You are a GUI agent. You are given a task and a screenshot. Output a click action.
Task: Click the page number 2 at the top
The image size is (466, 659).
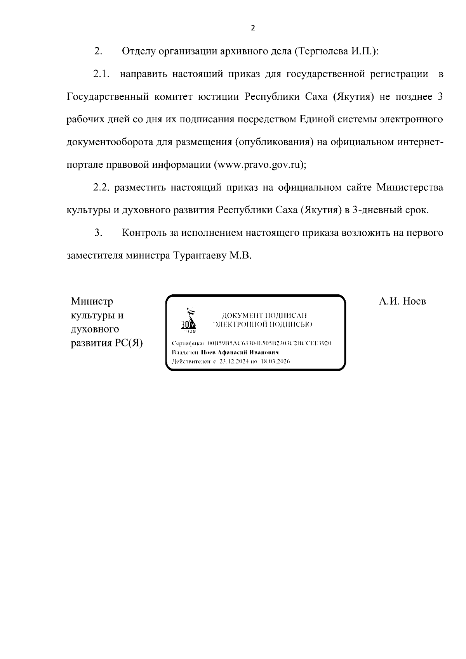[253, 28]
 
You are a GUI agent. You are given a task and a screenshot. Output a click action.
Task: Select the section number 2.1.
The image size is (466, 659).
[102, 74]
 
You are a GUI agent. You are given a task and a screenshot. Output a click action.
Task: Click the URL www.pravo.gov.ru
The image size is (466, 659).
[259, 165]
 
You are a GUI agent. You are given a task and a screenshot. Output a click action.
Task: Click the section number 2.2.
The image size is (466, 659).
[102, 188]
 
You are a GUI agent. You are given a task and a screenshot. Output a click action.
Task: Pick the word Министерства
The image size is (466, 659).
[410, 188]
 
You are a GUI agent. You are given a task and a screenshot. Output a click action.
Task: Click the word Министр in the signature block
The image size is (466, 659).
[92, 301]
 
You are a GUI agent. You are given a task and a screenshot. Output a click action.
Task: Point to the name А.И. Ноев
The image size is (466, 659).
[402, 301]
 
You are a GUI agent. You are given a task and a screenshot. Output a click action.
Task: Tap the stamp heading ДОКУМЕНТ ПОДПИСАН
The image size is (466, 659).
[264, 315]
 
